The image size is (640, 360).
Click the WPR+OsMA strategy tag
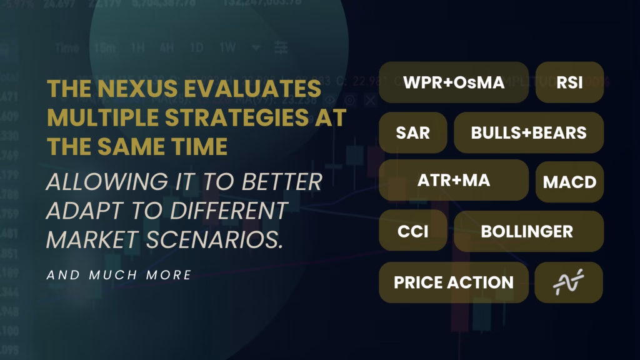454,82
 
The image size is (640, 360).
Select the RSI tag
569,82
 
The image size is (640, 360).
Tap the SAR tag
412,132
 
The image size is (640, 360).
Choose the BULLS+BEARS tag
529,132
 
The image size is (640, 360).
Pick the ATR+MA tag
454,181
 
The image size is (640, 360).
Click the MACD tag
569,182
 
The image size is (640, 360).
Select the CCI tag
412,231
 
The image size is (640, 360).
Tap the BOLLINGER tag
527,231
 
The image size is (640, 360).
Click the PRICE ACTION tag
454,282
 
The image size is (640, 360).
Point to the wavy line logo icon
569,282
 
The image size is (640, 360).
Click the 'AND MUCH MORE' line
119,274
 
